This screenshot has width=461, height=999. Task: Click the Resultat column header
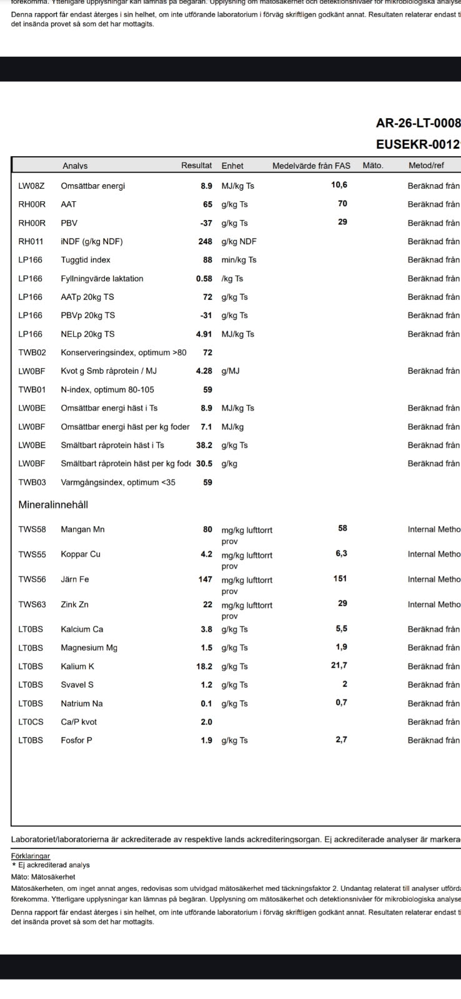[196, 166]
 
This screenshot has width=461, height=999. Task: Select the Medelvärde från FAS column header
[311, 166]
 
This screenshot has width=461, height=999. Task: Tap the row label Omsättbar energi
[92, 186]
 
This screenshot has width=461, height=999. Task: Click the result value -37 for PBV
[206, 223]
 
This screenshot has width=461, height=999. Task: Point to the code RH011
[31, 241]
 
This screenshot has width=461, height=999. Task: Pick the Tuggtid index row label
[86, 260]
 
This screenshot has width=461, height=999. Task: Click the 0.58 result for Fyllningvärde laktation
[204, 279]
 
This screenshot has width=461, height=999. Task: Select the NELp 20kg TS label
[87, 334]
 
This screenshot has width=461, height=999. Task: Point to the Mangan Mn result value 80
[207, 529]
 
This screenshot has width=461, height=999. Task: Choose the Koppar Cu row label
[81, 554]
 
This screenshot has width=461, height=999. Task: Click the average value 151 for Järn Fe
[340, 579]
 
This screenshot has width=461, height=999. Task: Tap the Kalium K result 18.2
[204, 666]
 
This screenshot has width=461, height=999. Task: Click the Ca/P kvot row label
[79, 722]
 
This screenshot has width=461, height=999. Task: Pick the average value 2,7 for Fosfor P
[341, 740]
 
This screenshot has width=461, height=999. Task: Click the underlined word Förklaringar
[31, 856]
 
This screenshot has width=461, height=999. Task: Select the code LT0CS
[31, 722]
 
